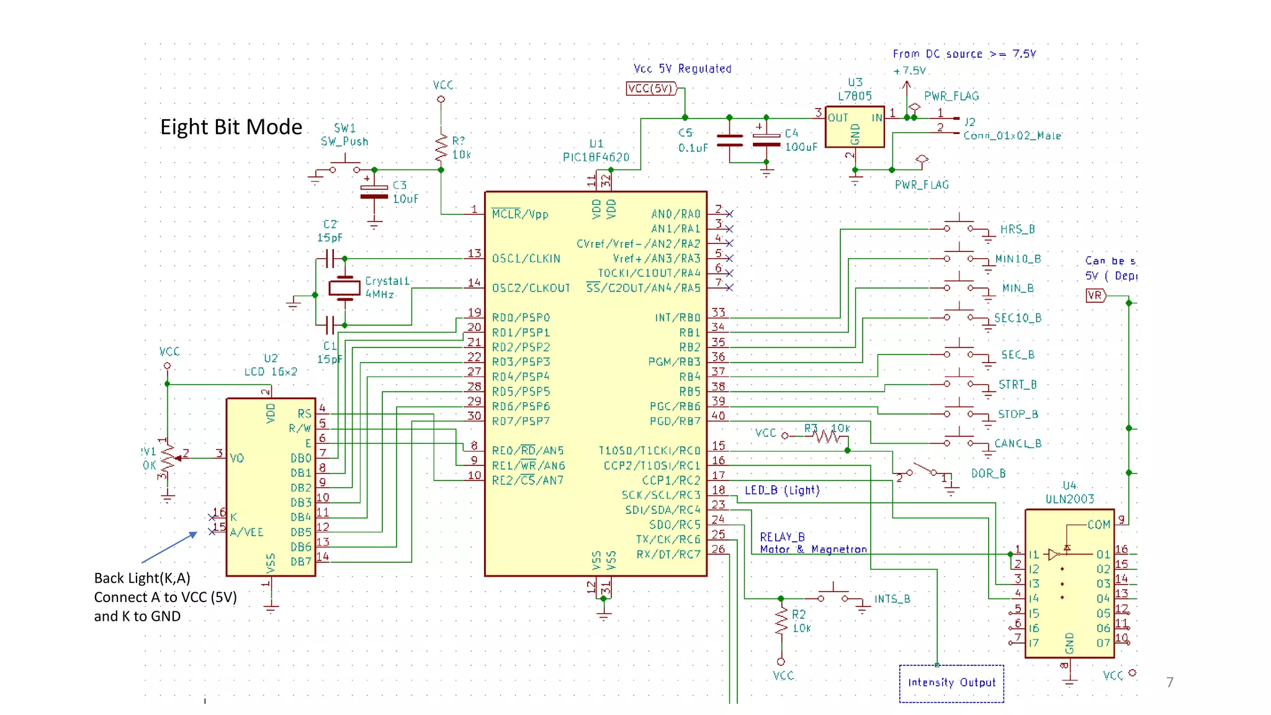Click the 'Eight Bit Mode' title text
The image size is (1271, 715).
pyautogui.click(x=231, y=127)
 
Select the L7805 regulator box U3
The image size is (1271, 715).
pyautogui.click(x=855, y=127)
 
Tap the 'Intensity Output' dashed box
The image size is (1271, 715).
pyautogui.click(x=951, y=683)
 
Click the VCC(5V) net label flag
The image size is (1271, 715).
pyautogui.click(x=650, y=89)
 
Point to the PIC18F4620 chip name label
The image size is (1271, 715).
pyautogui.click(x=596, y=158)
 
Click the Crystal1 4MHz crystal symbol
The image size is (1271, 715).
pyautogui.click(x=344, y=288)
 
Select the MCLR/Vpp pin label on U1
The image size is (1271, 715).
pyautogui.click(x=520, y=215)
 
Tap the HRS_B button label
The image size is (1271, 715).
pyautogui.click(x=1017, y=230)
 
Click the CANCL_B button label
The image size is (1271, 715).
pyautogui.click(x=1018, y=444)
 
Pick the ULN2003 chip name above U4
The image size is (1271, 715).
pyautogui.click(x=1069, y=499)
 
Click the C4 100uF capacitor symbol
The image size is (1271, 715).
pyautogui.click(x=766, y=140)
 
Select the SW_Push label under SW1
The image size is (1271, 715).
pyautogui.click(x=344, y=142)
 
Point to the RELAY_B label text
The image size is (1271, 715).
pyautogui.click(x=782, y=537)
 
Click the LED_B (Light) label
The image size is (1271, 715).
pyautogui.click(x=782, y=490)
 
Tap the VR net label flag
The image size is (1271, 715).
pyautogui.click(x=1095, y=295)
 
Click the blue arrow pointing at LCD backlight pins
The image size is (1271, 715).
pyautogui.click(x=169, y=547)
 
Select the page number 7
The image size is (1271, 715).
pyautogui.click(x=1170, y=683)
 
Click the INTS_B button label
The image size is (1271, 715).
pyautogui.click(x=892, y=599)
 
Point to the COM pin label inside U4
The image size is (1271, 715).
pyautogui.click(x=1098, y=525)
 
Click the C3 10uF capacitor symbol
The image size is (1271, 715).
pyautogui.click(x=374, y=192)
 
